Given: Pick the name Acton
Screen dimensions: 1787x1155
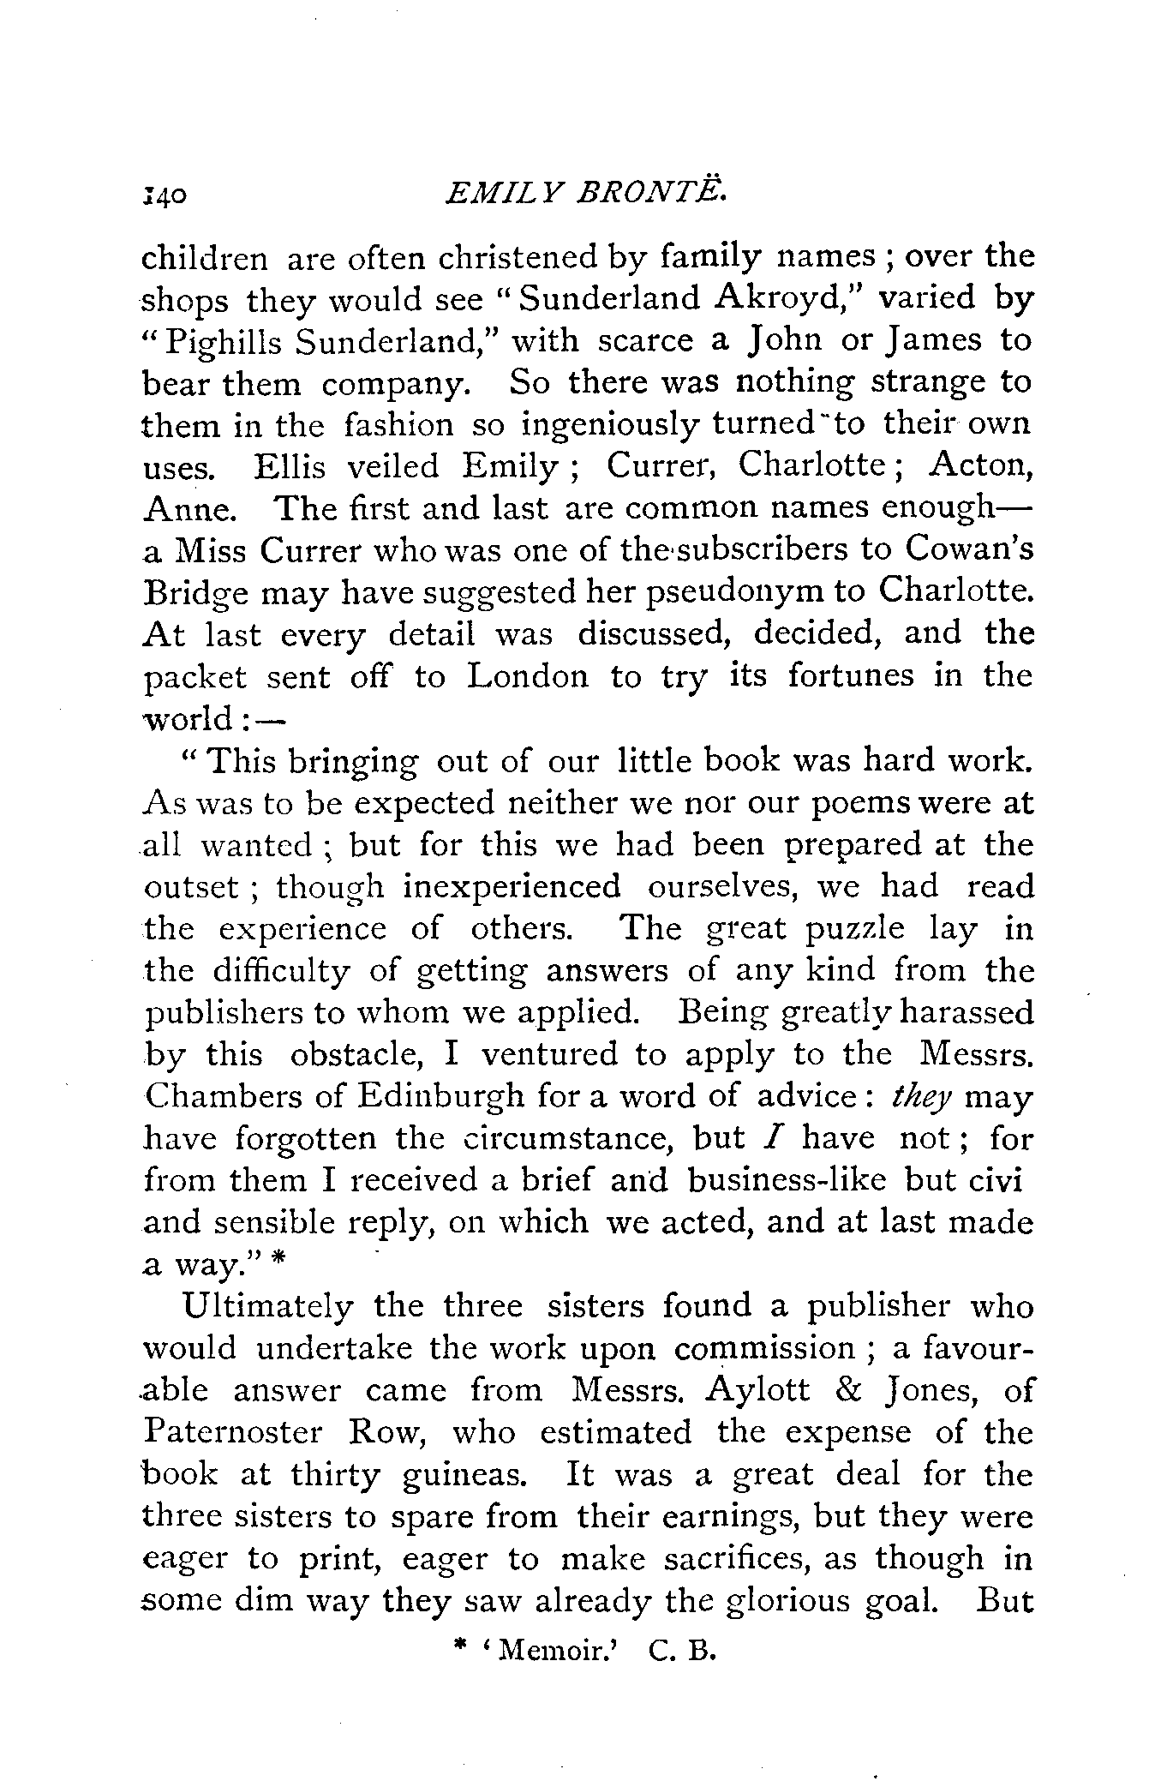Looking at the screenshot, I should tap(981, 465).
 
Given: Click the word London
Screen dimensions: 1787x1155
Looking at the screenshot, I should tap(529, 677).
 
